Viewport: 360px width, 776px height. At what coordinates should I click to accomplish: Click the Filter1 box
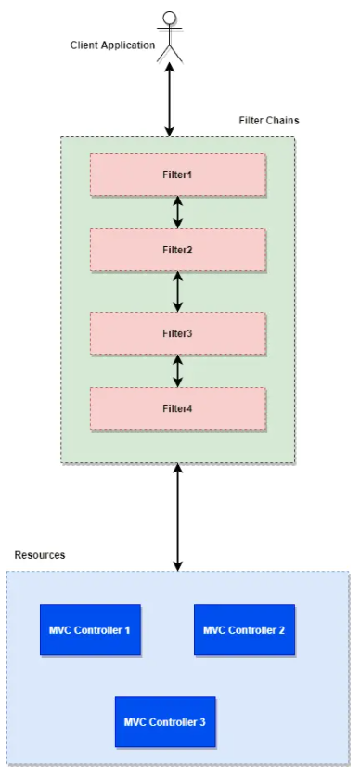(177, 175)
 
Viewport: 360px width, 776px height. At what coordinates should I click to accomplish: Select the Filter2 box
(177, 250)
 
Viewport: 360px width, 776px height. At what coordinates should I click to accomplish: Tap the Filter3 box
(177, 332)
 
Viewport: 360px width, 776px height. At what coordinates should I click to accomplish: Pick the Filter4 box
(177, 407)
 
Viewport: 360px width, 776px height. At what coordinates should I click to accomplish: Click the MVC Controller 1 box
(90, 630)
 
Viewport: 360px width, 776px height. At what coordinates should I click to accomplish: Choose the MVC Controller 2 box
(244, 630)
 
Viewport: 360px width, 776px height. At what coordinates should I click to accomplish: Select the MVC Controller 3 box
(165, 721)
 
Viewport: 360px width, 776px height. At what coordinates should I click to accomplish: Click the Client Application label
(112, 45)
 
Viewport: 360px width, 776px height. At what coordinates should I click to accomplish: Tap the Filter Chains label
(269, 121)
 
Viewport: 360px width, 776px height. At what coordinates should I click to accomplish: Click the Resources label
(40, 554)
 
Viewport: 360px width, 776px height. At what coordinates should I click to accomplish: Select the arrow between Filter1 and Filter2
(177, 212)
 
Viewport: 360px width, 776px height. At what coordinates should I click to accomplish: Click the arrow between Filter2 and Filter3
(177, 291)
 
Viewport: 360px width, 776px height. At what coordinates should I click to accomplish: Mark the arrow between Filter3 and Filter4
(177, 370)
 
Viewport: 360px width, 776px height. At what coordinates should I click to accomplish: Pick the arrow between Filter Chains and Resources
(177, 517)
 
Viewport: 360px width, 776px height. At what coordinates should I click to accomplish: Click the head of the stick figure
(169, 18)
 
